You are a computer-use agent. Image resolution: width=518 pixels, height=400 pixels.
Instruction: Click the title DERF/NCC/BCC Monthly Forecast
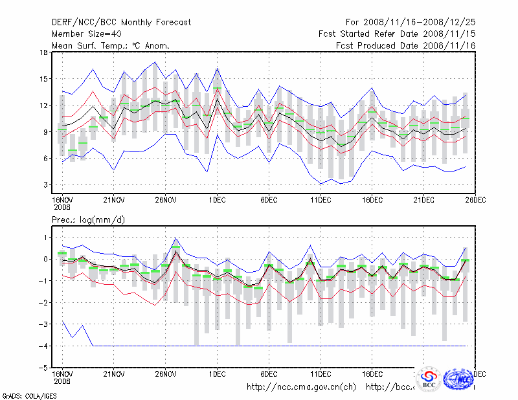121,22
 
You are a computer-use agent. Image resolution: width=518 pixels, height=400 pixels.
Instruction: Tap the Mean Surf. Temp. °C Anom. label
110,45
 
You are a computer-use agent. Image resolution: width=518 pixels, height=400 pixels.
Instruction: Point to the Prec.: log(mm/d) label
88,220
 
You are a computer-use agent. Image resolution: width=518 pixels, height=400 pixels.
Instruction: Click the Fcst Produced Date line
405,45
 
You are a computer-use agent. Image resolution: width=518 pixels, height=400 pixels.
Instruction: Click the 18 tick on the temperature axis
43,52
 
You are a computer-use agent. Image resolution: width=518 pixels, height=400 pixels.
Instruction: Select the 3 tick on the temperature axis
45,185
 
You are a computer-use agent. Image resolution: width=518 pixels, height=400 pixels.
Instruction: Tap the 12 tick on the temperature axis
43,106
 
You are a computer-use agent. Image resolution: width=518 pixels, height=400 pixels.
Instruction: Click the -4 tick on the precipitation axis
43,346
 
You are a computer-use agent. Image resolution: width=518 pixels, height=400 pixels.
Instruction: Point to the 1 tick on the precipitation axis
45,238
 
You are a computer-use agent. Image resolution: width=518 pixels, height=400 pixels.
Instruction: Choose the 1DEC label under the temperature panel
217,199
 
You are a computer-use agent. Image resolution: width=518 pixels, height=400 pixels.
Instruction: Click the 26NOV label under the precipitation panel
166,374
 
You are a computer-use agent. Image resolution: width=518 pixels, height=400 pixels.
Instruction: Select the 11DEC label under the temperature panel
321,199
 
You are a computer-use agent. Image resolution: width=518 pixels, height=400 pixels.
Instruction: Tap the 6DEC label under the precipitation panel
269,374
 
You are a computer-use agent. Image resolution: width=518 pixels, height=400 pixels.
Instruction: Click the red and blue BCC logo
429,379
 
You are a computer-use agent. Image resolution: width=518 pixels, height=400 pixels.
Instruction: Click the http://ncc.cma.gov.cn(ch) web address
302,387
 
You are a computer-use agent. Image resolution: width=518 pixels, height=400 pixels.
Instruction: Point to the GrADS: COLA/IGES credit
28,395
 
